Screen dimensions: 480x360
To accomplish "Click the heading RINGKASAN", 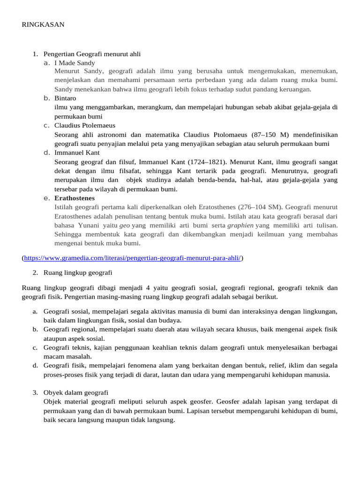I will click(43, 25).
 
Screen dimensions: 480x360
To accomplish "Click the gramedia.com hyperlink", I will click(132, 258).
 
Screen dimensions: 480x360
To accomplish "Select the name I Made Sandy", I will click(75, 63).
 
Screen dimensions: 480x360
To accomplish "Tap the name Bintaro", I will click(65, 98).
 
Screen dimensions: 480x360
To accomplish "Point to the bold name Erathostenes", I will click(75, 198).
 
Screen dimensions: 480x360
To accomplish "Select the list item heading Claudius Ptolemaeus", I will click(85, 126).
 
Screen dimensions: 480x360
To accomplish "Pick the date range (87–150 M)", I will click(263, 135).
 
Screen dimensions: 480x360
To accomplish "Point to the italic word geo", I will click(125, 225).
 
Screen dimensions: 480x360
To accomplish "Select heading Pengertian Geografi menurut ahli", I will click(92, 54).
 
